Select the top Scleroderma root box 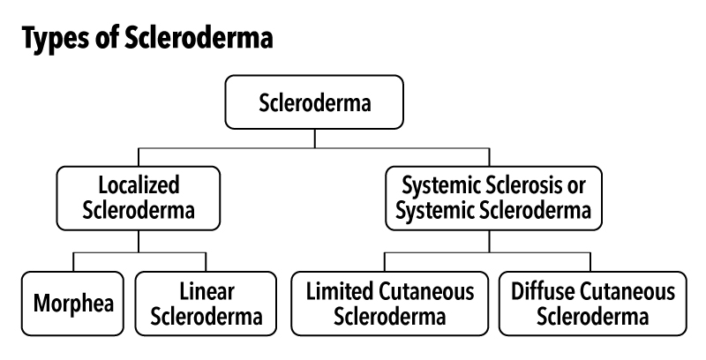coord(315,104)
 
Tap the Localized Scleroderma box coord(140,198)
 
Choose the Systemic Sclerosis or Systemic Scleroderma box coord(491,198)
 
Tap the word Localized coord(140,185)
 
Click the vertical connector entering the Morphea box coord(73,261)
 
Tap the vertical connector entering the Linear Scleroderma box coord(207,261)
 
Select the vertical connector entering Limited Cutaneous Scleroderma coord(385,261)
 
